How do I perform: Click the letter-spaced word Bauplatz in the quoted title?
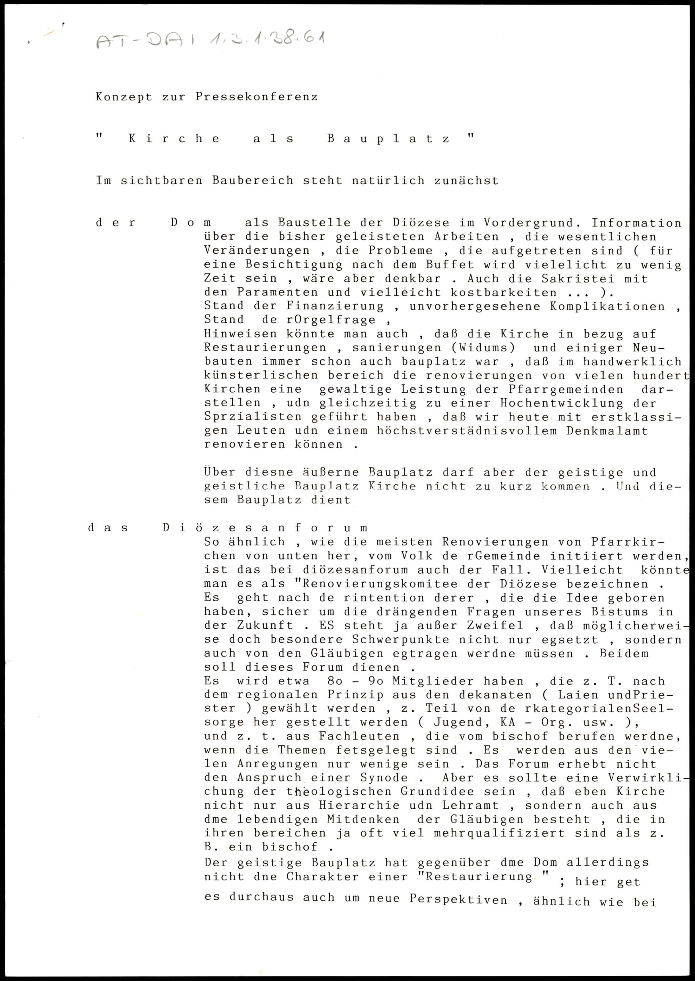[389, 139]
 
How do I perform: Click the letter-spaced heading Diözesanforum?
[264, 528]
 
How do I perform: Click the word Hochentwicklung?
[540, 403]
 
